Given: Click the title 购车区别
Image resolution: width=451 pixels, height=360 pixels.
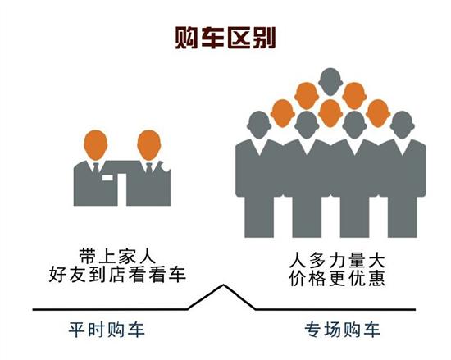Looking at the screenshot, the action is [225, 38].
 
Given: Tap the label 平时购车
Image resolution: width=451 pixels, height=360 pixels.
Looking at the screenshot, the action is [107, 330].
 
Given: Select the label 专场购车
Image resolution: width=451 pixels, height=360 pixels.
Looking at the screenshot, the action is [342, 330].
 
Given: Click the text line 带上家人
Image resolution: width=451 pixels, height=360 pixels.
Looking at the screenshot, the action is [117, 256].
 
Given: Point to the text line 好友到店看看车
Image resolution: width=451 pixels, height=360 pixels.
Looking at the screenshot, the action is [117, 275].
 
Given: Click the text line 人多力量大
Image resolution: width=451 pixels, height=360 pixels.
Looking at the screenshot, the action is [337, 261].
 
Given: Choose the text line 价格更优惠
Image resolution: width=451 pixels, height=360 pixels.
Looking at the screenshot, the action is [337, 278].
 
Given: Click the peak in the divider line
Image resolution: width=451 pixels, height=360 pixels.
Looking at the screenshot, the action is [224, 285].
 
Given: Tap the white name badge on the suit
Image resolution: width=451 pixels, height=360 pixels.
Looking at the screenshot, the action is [107, 178].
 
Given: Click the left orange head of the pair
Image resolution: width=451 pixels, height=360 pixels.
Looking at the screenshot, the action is [96, 144].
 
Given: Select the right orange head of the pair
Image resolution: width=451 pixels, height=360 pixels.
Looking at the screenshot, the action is [149, 144].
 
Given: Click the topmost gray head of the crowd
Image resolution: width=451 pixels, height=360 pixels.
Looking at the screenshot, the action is [330, 82].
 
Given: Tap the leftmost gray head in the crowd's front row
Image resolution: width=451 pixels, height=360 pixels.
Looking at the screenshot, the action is [259, 125].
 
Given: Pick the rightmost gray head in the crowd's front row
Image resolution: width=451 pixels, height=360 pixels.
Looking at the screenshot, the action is [402, 125].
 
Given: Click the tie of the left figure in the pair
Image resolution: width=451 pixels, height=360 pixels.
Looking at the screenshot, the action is [96, 168].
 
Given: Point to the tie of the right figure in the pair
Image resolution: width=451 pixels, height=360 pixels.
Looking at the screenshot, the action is [149, 168].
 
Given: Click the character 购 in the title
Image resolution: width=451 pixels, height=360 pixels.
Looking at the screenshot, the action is [186, 38].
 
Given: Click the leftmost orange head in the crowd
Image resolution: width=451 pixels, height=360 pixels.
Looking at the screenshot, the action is [283, 113].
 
